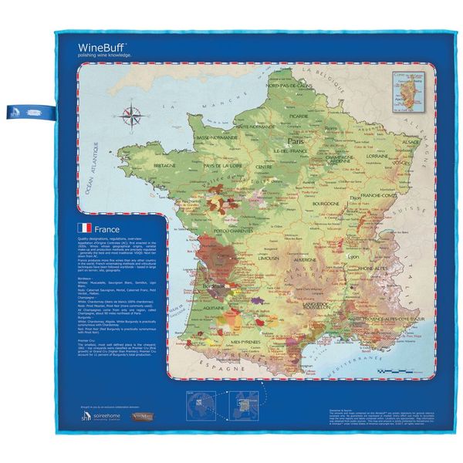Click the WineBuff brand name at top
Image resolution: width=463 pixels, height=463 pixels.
click(x=103, y=47)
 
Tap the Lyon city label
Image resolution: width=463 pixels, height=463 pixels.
click(x=354, y=255)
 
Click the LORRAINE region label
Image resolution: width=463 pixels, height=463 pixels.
click(x=379, y=156)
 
